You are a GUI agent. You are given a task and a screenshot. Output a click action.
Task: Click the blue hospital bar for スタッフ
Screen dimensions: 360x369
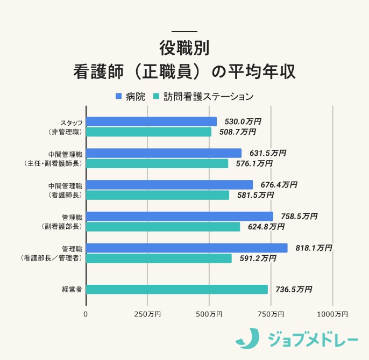tap(151, 121)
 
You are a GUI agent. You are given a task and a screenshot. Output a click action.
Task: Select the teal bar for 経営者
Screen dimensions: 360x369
tap(176, 289)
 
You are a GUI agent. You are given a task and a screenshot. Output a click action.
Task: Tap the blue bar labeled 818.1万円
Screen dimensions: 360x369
tap(187, 248)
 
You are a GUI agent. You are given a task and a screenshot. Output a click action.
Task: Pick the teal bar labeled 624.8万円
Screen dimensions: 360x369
tap(163, 227)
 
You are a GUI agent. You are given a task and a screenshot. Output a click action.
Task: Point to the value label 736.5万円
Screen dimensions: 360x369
tap(294, 289)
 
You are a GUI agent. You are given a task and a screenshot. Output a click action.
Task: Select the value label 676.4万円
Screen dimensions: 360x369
tap(279, 184)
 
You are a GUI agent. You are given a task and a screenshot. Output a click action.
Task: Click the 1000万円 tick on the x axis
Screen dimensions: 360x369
tap(333, 314)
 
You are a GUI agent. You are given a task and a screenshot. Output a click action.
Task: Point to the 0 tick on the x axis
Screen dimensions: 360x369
tap(86, 314)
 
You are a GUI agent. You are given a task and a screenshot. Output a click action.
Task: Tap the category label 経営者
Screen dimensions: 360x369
tap(72, 289)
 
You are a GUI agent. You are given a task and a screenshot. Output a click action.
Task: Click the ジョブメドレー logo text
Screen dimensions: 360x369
tap(312, 340)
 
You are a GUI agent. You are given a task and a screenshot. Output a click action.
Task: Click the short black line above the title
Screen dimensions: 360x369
tap(184, 31)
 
